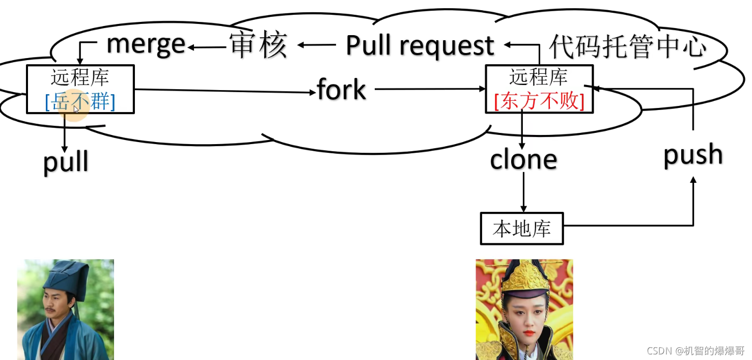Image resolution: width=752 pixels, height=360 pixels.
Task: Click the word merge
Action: click(x=146, y=44)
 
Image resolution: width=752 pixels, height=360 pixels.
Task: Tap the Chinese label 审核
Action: click(x=259, y=45)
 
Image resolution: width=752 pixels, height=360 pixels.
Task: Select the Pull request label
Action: click(x=420, y=46)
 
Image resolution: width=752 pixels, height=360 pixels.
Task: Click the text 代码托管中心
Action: click(x=628, y=47)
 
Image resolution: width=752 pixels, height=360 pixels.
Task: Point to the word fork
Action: click(x=341, y=90)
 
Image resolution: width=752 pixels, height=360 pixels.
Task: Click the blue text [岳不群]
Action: click(x=80, y=102)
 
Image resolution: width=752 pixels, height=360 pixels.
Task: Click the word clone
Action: click(x=523, y=160)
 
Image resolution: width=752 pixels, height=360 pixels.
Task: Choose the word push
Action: click(x=693, y=155)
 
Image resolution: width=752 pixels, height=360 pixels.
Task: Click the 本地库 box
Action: click(x=522, y=229)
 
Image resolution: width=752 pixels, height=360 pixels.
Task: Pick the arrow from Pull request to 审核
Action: click(x=316, y=45)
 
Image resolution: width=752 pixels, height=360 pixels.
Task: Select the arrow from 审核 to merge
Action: click(x=206, y=47)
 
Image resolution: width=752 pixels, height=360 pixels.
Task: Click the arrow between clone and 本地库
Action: click(x=523, y=192)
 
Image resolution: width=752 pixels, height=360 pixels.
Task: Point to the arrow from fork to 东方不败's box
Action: click(x=430, y=89)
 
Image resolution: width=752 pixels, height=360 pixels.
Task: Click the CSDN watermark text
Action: click(x=695, y=351)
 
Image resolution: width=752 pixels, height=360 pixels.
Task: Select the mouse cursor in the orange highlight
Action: click(x=76, y=109)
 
